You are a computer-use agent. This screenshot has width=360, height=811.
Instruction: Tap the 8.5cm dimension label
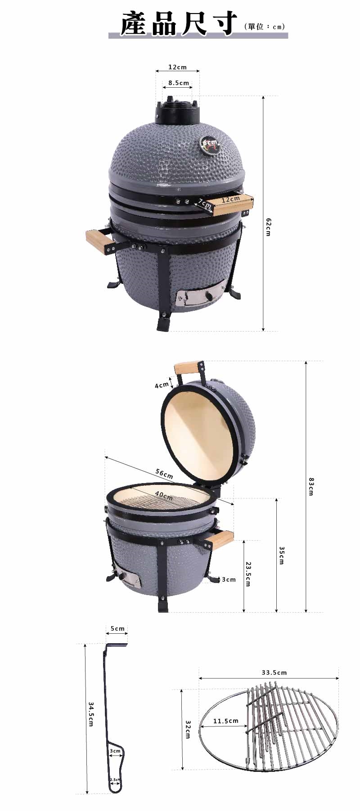[x=179, y=83]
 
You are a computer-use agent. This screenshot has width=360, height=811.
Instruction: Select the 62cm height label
[x=268, y=227]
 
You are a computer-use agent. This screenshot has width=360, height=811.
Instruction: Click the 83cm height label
[x=310, y=486]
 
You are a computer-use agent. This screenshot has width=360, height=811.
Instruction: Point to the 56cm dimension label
[x=164, y=473]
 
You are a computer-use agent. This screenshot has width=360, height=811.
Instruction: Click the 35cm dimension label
[x=281, y=556]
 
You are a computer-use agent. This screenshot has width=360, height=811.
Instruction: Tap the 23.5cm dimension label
[x=247, y=574]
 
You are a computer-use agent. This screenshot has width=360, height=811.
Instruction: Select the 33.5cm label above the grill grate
[x=274, y=673]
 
